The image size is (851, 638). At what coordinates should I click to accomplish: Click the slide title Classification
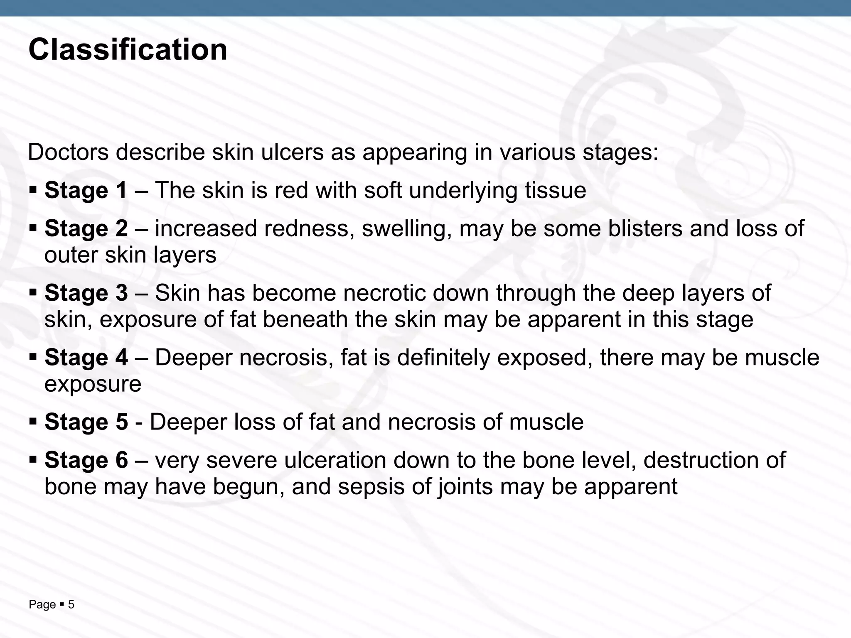click(128, 50)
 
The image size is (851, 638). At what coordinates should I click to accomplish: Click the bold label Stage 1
click(86, 191)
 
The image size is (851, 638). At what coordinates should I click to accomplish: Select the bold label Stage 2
click(86, 229)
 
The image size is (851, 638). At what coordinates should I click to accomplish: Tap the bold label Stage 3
click(86, 293)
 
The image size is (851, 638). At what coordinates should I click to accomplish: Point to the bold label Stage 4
click(86, 358)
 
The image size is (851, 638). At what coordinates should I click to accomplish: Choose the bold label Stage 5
click(86, 422)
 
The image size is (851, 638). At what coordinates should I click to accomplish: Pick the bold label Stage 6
click(86, 460)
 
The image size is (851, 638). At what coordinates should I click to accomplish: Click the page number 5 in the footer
click(71, 605)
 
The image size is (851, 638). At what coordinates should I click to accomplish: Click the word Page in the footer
click(42, 605)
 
